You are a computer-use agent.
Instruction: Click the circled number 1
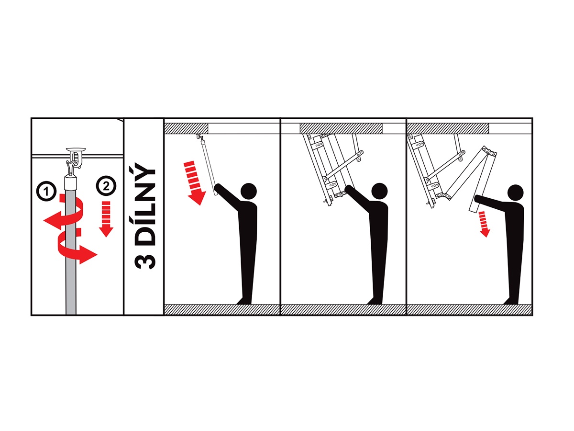coord(46,191)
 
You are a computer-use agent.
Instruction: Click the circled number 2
coord(106,186)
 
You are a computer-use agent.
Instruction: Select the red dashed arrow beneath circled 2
coord(106,219)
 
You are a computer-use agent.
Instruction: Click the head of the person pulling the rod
coord(248,191)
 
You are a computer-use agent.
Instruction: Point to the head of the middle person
coord(379,191)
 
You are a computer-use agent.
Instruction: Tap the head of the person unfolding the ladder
coord(516,193)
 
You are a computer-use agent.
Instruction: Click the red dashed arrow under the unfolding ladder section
coord(484,224)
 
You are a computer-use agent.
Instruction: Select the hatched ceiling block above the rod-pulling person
coord(186,128)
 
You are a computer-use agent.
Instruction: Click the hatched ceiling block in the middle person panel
coord(341,128)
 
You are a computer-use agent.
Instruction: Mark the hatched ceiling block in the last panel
coord(448,128)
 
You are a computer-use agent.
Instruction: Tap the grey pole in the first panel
coord(71,251)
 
